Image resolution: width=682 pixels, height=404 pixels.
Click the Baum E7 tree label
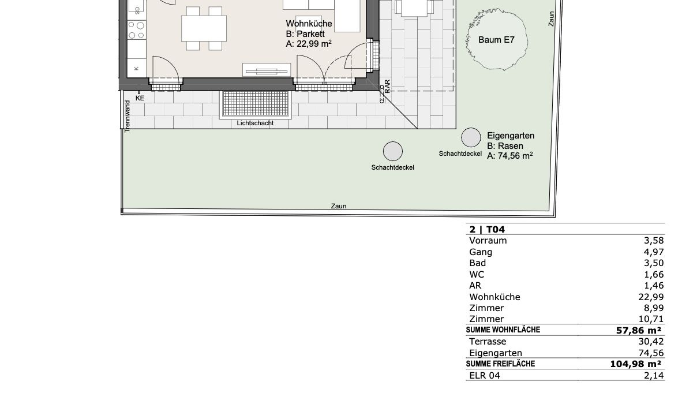pos(496,40)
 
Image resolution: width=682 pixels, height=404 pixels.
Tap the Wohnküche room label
pos(309,24)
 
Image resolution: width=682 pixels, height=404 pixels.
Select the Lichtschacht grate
pos(255,103)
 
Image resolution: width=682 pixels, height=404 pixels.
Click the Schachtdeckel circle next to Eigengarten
pos(471,137)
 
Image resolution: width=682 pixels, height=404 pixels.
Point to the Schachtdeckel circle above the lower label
pos(393,151)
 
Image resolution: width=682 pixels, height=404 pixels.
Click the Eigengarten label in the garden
pos(511,136)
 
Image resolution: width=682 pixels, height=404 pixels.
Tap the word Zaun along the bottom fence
pos(339,206)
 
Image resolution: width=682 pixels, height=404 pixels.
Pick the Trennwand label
pos(128,116)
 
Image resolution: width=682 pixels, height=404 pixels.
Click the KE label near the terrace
pos(140,98)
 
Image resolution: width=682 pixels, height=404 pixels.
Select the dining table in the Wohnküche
pos(204,29)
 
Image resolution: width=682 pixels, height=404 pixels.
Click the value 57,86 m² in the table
pos(639,331)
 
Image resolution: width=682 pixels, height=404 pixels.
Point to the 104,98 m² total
pos(636,364)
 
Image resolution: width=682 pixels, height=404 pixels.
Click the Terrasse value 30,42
pos(651,341)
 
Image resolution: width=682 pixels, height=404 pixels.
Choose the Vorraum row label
pos(488,241)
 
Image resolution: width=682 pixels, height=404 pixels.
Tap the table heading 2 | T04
pos(487,229)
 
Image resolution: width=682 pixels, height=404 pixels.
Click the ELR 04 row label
pos(485,375)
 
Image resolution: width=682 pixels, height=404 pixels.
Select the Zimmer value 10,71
pos(651,319)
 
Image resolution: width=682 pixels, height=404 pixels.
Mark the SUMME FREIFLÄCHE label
pos(500,364)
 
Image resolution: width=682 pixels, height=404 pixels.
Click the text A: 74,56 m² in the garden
pos(509,156)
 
